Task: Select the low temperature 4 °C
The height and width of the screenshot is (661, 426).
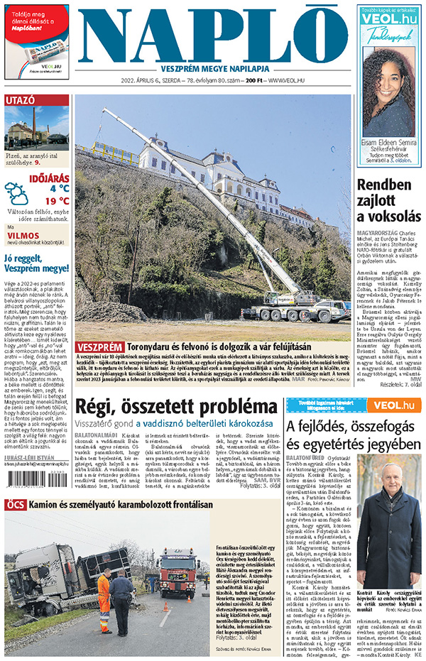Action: [59, 188]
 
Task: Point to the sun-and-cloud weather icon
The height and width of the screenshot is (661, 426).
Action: [16, 193]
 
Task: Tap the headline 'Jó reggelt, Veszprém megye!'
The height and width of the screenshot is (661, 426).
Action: [35, 263]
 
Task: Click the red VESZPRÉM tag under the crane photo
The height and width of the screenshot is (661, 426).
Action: [100, 347]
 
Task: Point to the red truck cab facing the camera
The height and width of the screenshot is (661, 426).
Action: [178, 572]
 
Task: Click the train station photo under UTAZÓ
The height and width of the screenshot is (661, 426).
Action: [37, 129]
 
